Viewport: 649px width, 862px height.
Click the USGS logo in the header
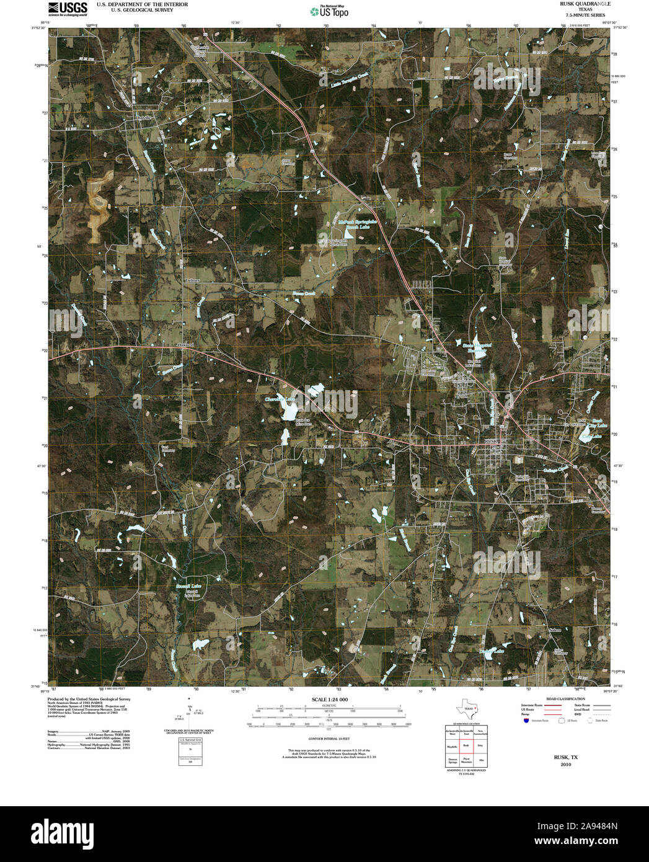point(68,8)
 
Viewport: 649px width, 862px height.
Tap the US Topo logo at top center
point(330,11)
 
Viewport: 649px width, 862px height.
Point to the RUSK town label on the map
point(491,440)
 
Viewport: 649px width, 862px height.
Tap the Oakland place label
point(185,344)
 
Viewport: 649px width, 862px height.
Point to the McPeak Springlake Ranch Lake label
point(358,224)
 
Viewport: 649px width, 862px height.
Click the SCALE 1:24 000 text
point(329,700)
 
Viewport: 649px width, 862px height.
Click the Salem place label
point(555,630)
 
